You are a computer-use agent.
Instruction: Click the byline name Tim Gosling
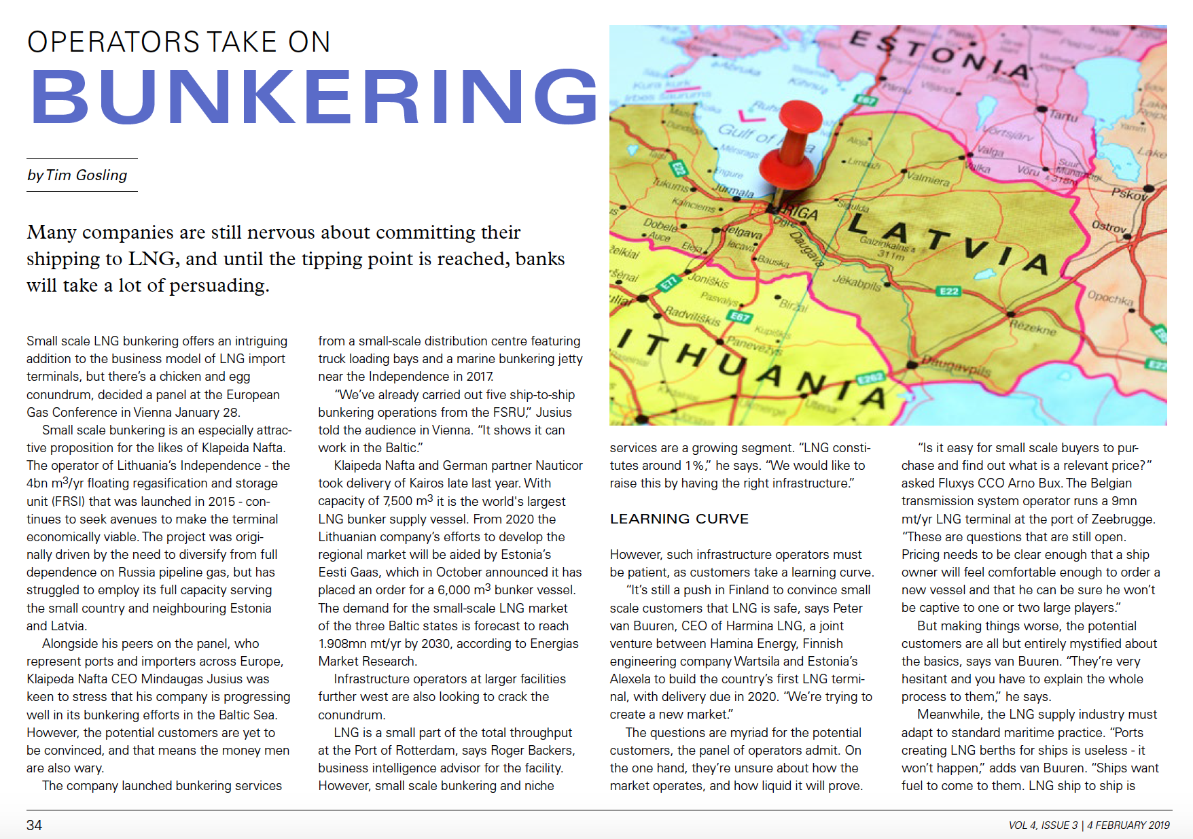tap(86, 175)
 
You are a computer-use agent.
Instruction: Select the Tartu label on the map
tap(1063, 115)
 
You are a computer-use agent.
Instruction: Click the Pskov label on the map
tap(1129, 194)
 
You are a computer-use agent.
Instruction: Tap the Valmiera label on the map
tap(928, 179)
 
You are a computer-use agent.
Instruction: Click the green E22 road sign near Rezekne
tap(948, 291)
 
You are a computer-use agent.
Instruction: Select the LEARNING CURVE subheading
tap(679, 519)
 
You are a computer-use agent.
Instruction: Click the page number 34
tap(34, 825)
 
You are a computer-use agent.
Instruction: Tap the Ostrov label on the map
tap(1109, 227)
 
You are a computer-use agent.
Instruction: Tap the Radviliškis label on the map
tap(692, 315)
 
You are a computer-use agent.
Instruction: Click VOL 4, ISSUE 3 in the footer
tap(1043, 825)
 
